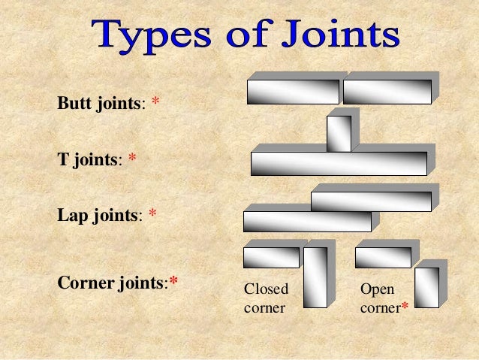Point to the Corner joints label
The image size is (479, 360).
(x=112, y=283)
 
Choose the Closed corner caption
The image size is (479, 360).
(x=267, y=298)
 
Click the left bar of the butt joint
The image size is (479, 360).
(x=293, y=92)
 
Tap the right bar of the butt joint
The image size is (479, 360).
(x=387, y=92)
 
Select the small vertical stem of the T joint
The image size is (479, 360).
(x=339, y=134)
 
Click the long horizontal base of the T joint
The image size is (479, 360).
(x=339, y=163)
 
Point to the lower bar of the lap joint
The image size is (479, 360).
(x=307, y=221)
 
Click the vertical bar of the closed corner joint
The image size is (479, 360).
(x=315, y=277)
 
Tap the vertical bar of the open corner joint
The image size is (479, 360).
(x=426, y=287)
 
